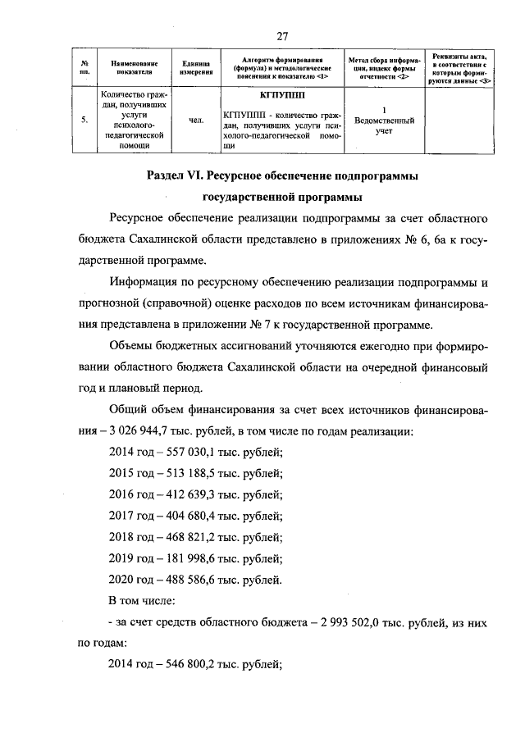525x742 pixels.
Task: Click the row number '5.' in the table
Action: (x=84, y=121)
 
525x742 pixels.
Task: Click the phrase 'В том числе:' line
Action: (x=142, y=601)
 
